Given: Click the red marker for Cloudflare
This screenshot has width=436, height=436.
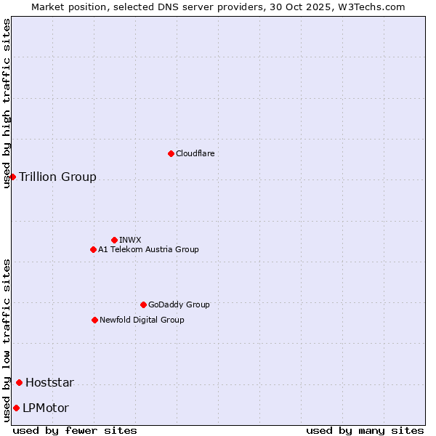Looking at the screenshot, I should click(x=171, y=153).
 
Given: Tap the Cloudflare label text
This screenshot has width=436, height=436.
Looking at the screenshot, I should click(x=195, y=153).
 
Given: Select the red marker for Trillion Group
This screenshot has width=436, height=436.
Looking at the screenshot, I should click(x=12, y=177).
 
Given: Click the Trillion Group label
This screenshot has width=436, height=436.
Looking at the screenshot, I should click(x=57, y=177).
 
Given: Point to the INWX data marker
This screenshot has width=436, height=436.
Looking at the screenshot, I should click(x=114, y=240).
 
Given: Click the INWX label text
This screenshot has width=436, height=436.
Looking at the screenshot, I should click(x=130, y=240).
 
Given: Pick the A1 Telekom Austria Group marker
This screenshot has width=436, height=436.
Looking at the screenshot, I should click(x=93, y=249).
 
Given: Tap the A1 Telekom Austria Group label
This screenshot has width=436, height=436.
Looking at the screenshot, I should click(x=148, y=249).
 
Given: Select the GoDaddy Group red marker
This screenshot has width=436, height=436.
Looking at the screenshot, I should click(x=143, y=304).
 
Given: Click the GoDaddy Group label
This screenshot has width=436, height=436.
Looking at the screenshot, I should click(x=179, y=304).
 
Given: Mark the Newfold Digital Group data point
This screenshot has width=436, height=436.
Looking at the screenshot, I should click(x=94, y=320).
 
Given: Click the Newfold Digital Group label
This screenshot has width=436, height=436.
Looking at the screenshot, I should click(x=142, y=320).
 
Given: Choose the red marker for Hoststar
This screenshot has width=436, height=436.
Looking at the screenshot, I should click(x=19, y=382).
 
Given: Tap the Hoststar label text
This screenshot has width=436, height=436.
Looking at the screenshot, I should click(x=49, y=383).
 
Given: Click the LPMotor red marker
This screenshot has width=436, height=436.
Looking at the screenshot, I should click(x=16, y=408).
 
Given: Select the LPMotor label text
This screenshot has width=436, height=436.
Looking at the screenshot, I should click(x=46, y=408).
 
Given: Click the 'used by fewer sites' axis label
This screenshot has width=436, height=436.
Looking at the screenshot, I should click(x=75, y=430).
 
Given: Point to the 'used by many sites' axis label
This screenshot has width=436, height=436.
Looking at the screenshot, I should click(x=365, y=430).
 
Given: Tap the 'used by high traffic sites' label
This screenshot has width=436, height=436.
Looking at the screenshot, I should click(x=7, y=103).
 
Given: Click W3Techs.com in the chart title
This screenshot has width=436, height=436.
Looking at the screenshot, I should click(x=370, y=7).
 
